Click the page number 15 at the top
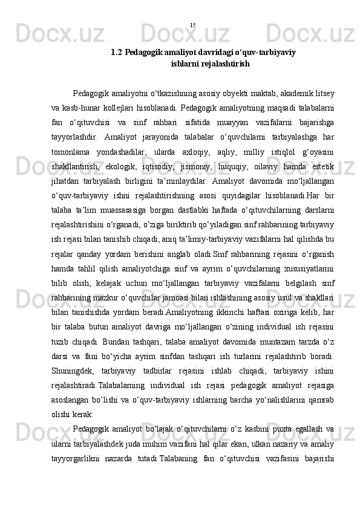[x=192, y=25]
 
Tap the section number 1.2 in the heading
[x=117, y=53]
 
